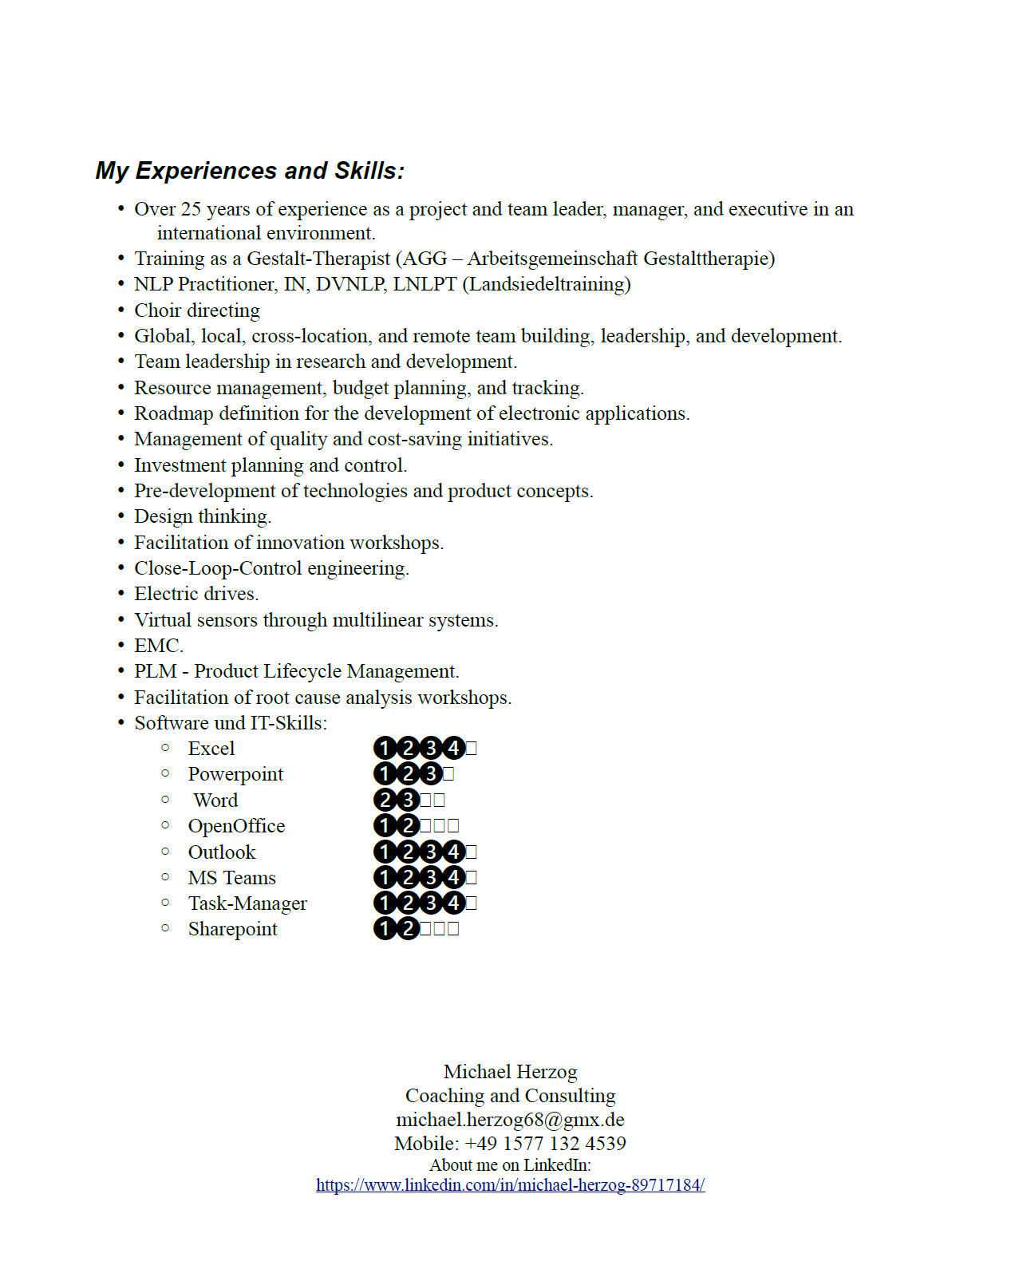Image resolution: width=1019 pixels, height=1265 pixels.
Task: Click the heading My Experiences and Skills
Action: (x=250, y=171)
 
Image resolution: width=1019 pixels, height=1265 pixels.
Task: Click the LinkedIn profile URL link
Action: (x=510, y=1185)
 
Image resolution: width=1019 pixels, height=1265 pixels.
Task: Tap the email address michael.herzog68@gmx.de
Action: (x=510, y=1120)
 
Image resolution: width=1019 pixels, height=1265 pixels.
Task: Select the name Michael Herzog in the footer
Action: (x=510, y=1072)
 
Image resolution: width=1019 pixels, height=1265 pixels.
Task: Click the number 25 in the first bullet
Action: (x=191, y=209)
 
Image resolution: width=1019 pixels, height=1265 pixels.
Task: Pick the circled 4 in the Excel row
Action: (x=454, y=749)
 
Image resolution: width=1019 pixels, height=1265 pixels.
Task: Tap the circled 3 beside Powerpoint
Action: (x=431, y=774)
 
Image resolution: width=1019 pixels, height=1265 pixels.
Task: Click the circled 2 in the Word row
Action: (x=385, y=800)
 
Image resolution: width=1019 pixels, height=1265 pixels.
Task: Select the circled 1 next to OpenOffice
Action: (x=385, y=826)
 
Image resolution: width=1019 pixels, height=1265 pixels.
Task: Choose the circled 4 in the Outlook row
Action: (x=454, y=852)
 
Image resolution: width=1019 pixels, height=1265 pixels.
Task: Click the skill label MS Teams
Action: (x=231, y=878)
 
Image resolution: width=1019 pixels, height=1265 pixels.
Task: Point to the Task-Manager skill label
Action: (x=247, y=903)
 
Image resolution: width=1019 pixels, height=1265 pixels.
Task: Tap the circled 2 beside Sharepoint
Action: (x=409, y=929)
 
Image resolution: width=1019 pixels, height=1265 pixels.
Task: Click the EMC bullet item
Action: (x=158, y=646)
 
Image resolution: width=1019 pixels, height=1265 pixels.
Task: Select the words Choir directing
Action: (x=197, y=310)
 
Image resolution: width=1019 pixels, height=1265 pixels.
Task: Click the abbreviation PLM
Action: (x=155, y=671)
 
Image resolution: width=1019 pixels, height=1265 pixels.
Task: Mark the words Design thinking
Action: (x=202, y=516)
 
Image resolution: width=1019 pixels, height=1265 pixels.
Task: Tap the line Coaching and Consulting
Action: (x=510, y=1096)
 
